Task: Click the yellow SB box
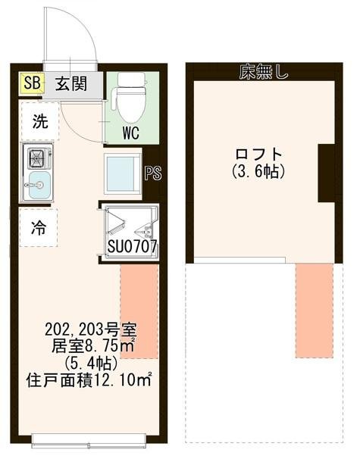pyautogui.click(x=32, y=82)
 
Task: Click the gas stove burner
pyautogui.click(x=37, y=158)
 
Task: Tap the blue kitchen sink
pyautogui.click(x=38, y=183)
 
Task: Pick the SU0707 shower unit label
pyautogui.click(x=132, y=246)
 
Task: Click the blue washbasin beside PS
pyautogui.click(x=121, y=173)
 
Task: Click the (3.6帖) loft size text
pyautogui.click(x=258, y=172)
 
